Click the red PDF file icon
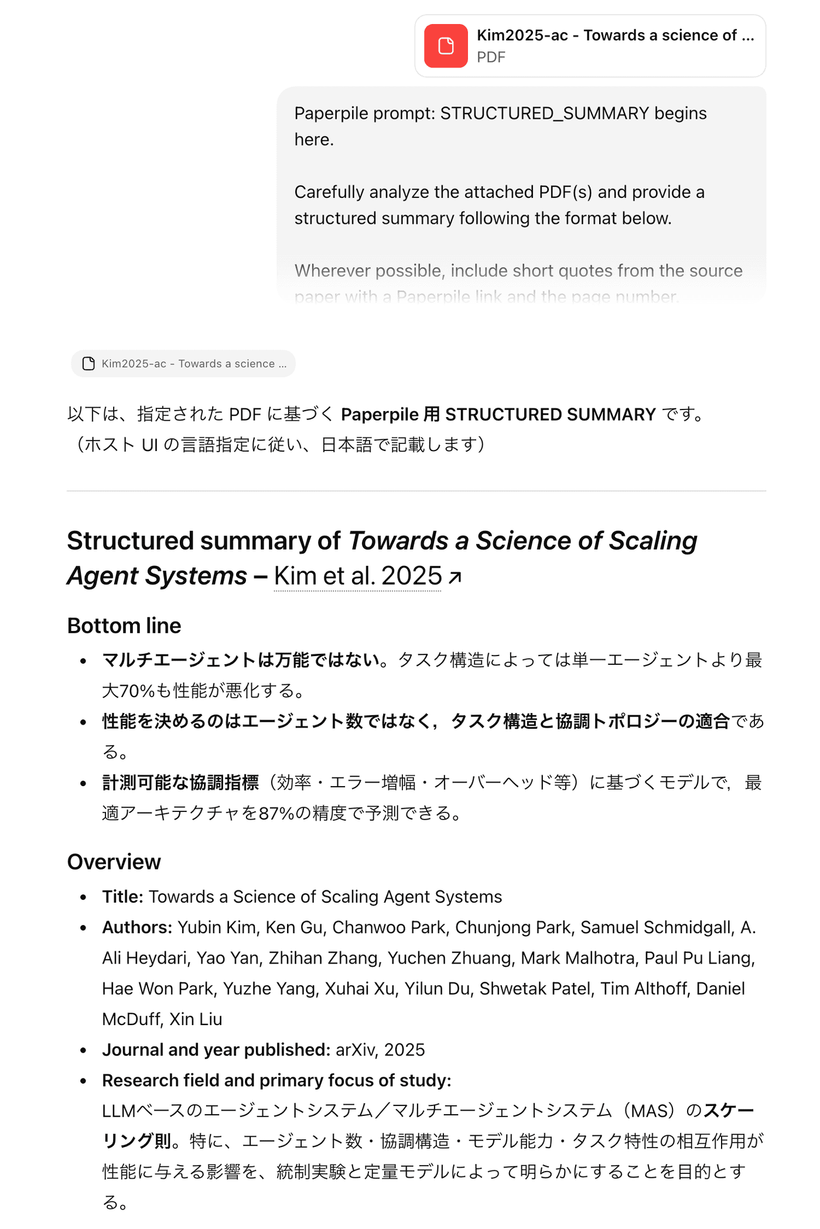click(446, 46)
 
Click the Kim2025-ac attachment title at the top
click(615, 35)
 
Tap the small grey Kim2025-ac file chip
click(183, 364)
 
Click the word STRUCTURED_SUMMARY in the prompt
click(544, 113)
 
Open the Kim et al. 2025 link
click(357, 576)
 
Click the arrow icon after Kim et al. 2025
click(455, 578)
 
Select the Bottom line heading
click(124, 626)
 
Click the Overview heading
click(114, 862)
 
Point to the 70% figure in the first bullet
click(136, 691)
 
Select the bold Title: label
click(122, 897)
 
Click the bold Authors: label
click(137, 927)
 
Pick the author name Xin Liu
click(196, 1019)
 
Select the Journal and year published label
click(216, 1050)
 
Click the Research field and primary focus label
click(276, 1080)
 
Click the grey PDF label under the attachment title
click(491, 57)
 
